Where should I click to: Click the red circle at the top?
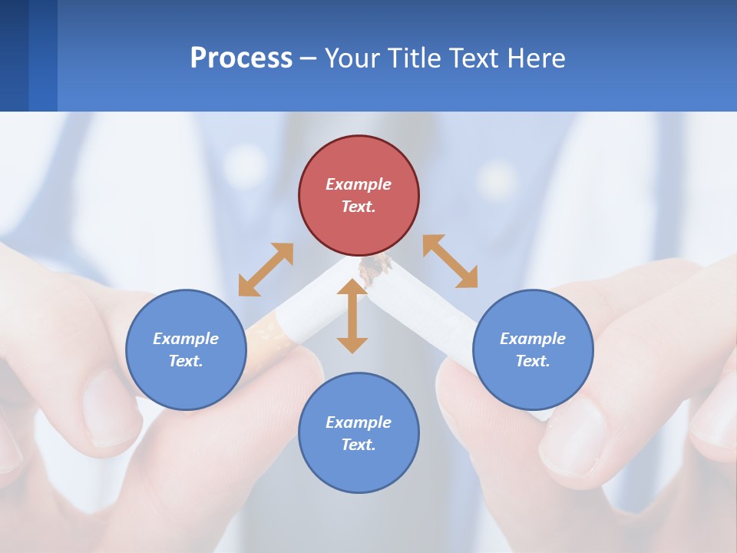tap(359, 196)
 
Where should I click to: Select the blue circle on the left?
tap(186, 349)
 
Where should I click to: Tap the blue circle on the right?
tap(533, 349)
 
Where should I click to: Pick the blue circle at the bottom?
tap(359, 433)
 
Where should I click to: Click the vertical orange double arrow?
tap(352, 316)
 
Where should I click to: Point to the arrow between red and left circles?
tap(266, 270)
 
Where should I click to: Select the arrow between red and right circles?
tap(450, 261)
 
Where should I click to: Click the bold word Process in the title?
tap(241, 58)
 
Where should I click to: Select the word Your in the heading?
tap(353, 58)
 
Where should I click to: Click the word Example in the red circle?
tap(359, 184)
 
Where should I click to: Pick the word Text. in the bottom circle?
tap(359, 445)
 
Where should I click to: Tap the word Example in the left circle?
tap(186, 339)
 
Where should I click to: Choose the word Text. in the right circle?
tap(533, 361)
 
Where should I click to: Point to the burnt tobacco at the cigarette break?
tap(375, 269)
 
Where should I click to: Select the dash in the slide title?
tap(309, 58)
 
